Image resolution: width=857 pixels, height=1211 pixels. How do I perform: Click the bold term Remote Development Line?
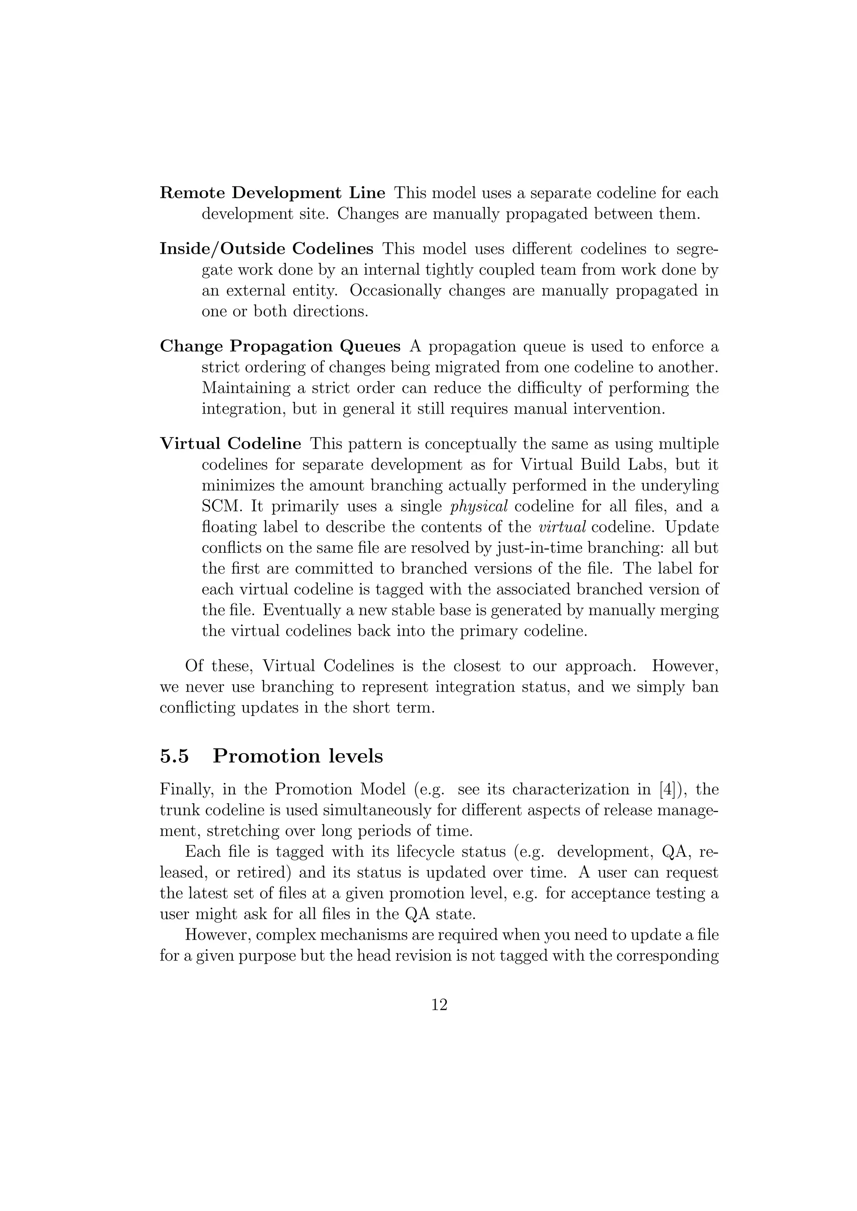click(272, 193)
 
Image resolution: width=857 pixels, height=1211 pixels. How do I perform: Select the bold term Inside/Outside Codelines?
click(267, 248)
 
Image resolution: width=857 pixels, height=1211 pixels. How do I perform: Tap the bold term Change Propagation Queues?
click(280, 347)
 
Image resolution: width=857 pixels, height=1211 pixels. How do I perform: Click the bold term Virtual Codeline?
click(231, 444)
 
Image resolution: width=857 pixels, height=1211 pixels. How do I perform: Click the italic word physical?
click(479, 506)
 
